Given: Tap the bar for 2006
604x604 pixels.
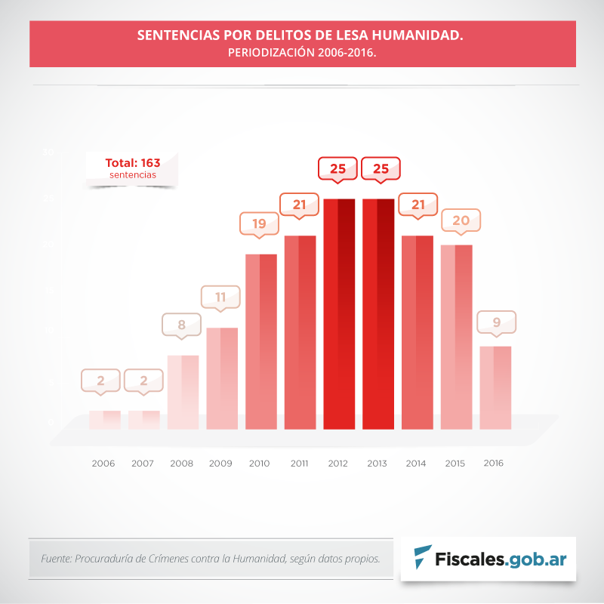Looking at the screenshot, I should [104, 420].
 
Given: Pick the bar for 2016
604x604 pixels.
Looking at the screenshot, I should [495, 387].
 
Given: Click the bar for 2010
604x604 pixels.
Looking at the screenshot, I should [260, 341].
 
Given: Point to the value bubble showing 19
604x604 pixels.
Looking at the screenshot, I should [259, 223].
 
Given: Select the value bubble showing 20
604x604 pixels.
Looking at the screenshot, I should [461, 220].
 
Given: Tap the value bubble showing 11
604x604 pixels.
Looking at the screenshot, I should [220, 297].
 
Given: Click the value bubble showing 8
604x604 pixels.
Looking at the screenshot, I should [181, 325].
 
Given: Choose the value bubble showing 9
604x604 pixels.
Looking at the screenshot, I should [496, 322].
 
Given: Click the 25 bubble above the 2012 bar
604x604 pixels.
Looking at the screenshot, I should [337, 168].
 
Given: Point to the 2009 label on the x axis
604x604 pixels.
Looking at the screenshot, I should [220, 463].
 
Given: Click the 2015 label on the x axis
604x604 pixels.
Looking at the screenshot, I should [455, 463].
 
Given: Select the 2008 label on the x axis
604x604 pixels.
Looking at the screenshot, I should [181, 463].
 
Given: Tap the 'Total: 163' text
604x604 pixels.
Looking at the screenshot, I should [132, 162].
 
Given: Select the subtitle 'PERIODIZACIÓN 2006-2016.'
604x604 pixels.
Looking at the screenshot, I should [302, 54].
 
